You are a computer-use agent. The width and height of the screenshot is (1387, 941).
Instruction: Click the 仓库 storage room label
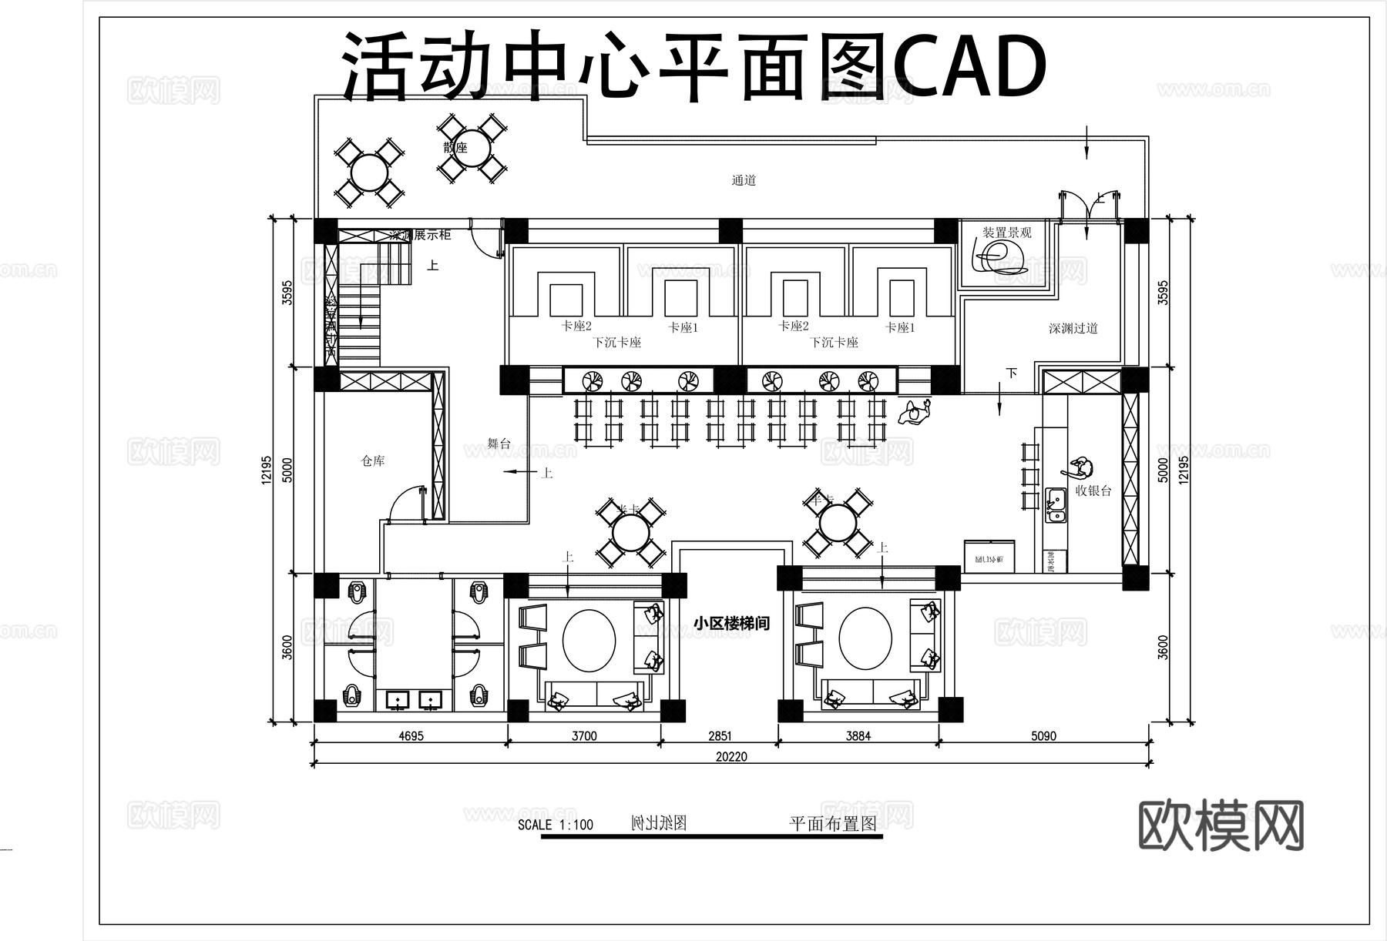tap(373, 461)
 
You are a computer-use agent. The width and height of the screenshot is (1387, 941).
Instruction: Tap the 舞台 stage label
tap(499, 444)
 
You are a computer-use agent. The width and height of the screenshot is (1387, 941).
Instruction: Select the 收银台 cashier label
tap(1093, 491)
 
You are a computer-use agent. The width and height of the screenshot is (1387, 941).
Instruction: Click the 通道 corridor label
tap(744, 180)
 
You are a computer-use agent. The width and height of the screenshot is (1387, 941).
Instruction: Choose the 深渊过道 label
tap(1073, 328)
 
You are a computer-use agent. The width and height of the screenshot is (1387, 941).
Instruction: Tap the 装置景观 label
tap(1006, 233)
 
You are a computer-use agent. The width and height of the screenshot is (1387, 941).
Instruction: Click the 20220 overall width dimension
tap(731, 756)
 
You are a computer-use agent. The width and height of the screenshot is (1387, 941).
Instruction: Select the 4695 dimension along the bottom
tap(411, 735)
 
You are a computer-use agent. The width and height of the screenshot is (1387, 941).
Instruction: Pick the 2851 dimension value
tap(720, 735)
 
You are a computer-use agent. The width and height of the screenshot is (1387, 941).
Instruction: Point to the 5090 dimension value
tap(1043, 735)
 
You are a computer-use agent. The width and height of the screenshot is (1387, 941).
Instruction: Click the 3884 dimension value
tap(858, 735)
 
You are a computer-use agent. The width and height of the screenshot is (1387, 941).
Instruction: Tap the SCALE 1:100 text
tap(555, 825)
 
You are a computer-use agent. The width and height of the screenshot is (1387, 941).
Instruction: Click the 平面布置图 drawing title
tap(833, 823)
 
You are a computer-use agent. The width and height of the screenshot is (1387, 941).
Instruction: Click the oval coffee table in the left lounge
tap(589, 641)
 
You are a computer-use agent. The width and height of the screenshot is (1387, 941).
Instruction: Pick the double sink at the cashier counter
tap(1055, 505)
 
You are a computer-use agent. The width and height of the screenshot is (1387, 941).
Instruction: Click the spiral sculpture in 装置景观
tap(999, 256)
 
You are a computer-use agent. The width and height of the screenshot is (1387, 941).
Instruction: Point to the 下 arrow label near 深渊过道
tap(1011, 373)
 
